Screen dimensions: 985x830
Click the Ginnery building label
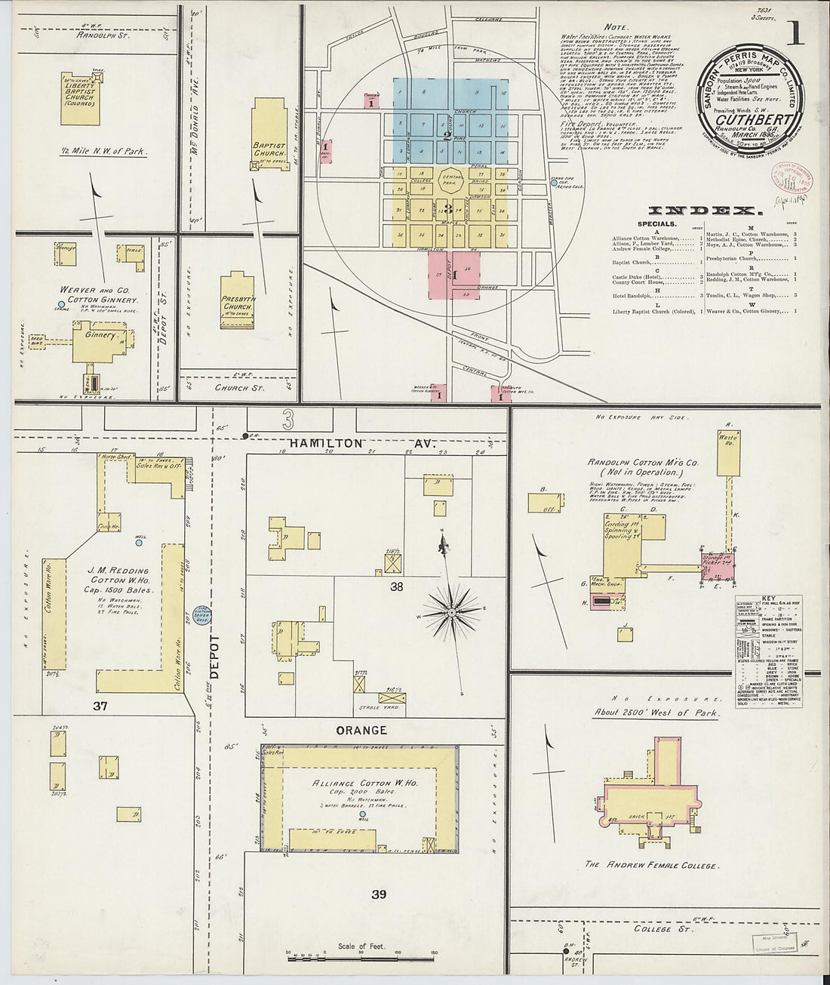tap(100, 335)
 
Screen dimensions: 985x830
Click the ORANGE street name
tap(361, 730)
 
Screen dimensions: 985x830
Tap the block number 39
tap(379, 894)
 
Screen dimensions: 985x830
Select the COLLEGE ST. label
tap(653, 928)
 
